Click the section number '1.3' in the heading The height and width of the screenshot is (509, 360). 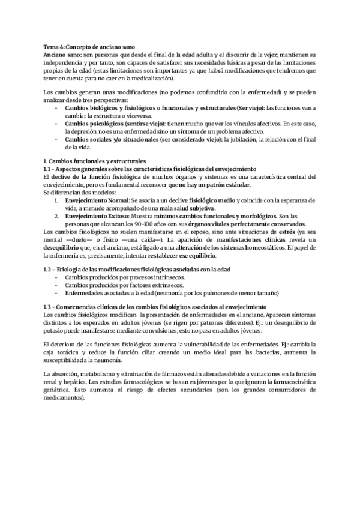pyautogui.click(x=50, y=307)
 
